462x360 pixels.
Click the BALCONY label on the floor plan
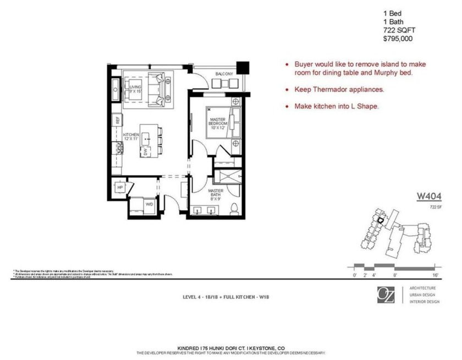[x=224, y=74]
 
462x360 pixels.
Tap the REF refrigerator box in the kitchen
[x=117, y=119]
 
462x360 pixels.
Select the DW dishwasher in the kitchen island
[x=146, y=151]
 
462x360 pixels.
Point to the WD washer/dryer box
[x=148, y=204]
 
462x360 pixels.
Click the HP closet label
[x=120, y=188]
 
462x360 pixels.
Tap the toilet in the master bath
[x=234, y=208]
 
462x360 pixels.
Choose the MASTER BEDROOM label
[x=217, y=121]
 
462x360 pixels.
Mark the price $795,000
[x=398, y=39]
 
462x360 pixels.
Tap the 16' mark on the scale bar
[x=435, y=274]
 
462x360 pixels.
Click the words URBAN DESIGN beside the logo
[x=422, y=295]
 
